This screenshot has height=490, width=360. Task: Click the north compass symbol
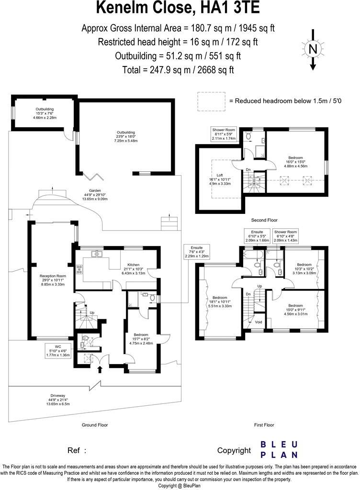(x=313, y=50)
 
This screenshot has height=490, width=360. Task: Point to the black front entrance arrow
(x=100, y=368)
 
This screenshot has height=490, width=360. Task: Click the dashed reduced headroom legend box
(x=211, y=101)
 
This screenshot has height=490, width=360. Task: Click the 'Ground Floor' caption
(x=94, y=425)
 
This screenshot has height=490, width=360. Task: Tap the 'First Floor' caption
(x=264, y=425)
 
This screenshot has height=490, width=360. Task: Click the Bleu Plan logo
(x=279, y=449)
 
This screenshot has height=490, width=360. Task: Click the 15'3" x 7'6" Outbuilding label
(x=45, y=113)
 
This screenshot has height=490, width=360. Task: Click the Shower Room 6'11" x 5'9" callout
(x=224, y=134)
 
